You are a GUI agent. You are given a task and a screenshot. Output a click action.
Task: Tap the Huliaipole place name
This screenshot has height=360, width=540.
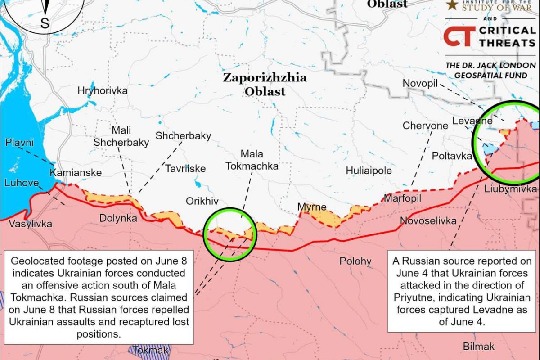pos(369,171)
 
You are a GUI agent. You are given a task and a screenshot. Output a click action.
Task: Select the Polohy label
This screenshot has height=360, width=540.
pos(355,261)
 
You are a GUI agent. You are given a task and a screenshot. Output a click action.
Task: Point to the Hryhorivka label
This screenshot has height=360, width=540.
pos(102,90)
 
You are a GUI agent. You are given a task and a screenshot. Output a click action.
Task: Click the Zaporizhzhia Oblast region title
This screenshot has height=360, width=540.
pos(265,84)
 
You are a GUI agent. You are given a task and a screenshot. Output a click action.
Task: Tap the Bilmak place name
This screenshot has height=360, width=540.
pos(479,346)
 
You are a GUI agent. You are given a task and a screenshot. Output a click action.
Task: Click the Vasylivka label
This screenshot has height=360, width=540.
pos(31,224)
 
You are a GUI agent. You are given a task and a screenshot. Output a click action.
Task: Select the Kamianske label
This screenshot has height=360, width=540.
pos(76,173)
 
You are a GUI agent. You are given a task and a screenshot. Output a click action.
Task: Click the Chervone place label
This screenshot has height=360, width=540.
pos(425,126)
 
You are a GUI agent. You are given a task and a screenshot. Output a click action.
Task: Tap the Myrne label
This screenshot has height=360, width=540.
pos(312,207)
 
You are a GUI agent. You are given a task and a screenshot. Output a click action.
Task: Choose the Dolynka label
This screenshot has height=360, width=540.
pos(118,219)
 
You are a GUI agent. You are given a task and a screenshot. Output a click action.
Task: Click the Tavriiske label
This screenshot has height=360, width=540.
pos(185,169)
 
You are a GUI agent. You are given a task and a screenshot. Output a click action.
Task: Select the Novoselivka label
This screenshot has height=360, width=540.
pos(428,221)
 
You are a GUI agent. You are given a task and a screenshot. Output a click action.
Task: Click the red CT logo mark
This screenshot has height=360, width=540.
pos(459,36)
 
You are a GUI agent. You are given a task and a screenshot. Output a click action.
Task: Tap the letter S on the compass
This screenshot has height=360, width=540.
pos(45,23)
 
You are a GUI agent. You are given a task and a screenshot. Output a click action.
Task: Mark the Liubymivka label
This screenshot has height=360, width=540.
pos(510,189)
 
